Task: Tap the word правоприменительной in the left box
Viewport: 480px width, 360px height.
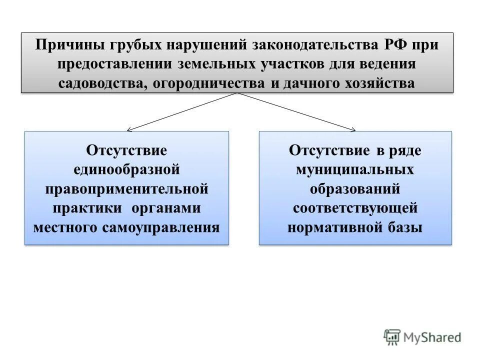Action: tap(126, 189)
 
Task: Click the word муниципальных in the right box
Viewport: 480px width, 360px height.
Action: tap(355, 170)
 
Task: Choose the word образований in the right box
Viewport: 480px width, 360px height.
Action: tap(355, 189)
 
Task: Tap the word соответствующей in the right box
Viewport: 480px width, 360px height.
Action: tap(355, 208)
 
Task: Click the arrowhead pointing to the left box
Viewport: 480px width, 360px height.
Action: tap(129, 130)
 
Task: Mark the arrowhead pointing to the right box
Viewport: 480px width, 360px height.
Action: tap(353, 130)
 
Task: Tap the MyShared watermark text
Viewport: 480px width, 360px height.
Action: tap(432, 337)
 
